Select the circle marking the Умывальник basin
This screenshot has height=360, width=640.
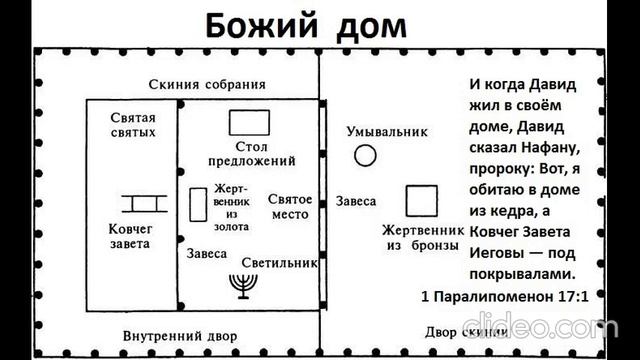(366, 155)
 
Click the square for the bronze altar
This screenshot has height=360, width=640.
(422, 200)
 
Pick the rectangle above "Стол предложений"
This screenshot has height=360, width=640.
(249, 123)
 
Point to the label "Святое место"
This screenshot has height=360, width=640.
(290, 207)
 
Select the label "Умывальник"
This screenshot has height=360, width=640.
(387, 131)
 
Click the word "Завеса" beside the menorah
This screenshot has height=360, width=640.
(207, 255)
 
